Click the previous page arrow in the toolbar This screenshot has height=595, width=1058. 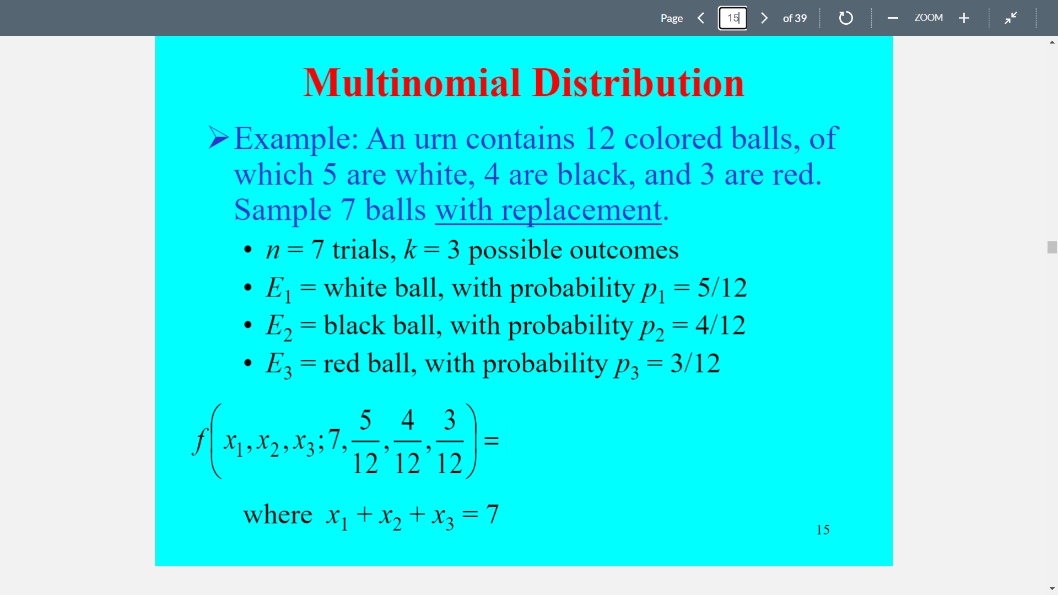click(700, 18)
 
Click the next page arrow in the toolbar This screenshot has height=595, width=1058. click(764, 18)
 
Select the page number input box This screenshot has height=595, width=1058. click(732, 18)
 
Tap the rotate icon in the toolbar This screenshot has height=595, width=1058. click(845, 18)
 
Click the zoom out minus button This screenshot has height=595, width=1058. click(893, 18)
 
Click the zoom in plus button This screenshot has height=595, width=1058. click(964, 18)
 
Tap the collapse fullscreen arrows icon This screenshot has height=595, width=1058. click(1011, 18)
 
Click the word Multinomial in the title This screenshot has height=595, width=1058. click(412, 83)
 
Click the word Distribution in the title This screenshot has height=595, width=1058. click(638, 83)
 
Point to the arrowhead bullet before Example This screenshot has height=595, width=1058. click(218, 137)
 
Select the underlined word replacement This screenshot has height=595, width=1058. click(581, 210)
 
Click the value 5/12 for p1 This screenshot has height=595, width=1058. click(722, 288)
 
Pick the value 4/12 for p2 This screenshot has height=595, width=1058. click(720, 325)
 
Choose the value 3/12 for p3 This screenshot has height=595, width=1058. click(695, 363)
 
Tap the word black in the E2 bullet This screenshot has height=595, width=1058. click(354, 325)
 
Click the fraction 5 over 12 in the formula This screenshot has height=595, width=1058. click(365, 441)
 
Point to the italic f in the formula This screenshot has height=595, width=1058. click(199, 441)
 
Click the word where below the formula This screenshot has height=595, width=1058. click(277, 515)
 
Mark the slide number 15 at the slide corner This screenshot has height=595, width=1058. click(823, 529)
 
